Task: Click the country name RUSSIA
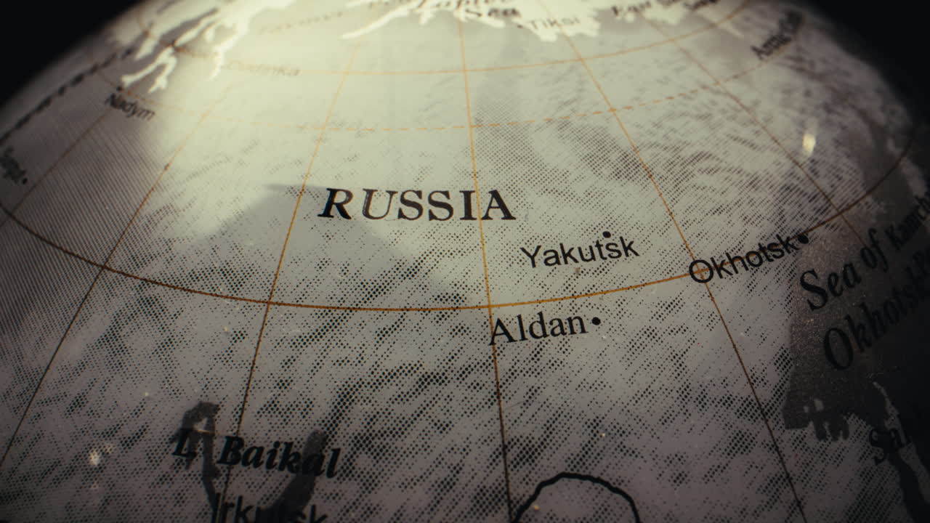416,205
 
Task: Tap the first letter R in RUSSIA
336,204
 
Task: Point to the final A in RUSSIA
498,206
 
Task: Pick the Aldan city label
538,328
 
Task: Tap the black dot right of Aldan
596,320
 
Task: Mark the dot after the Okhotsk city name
803,238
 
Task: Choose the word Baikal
279,455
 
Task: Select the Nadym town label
131,106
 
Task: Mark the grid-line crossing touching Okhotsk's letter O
695,275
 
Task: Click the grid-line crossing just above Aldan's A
490,307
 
